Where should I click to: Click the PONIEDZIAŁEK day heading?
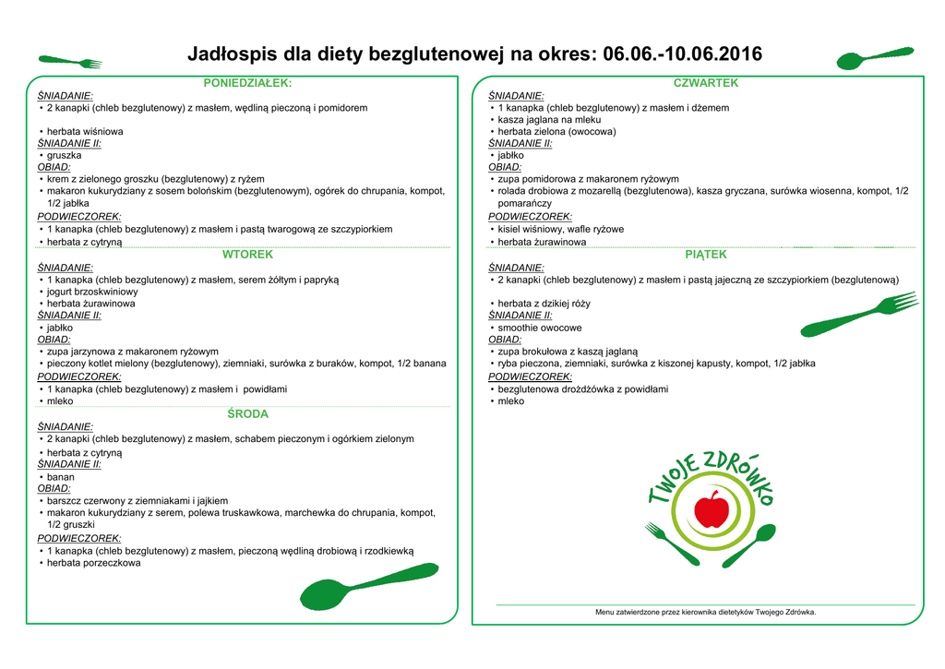(x=246, y=83)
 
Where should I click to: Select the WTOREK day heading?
(x=247, y=254)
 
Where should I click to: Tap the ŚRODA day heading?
(x=247, y=414)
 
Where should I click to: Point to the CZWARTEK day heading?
(x=706, y=83)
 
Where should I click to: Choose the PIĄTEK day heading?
(x=706, y=255)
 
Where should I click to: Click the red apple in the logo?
(x=711, y=508)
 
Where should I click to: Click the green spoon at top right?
(x=872, y=58)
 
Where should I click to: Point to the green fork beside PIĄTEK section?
(x=858, y=315)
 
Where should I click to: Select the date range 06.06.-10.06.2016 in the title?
(x=682, y=54)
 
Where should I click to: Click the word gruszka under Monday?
(x=65, y=156)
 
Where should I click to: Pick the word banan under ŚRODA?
(x=61, y=477)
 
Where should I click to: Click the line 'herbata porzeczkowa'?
(x=94, y=563)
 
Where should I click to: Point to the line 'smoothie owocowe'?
(x=540, y=328)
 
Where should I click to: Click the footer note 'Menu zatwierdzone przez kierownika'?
(x=705, y=612)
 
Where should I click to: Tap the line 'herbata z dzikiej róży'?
(x=544, y=304)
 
